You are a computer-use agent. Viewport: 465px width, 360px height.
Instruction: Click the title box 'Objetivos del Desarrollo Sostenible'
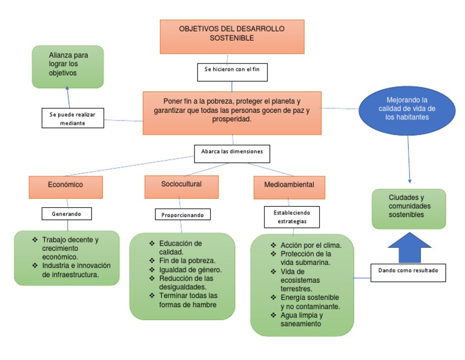pyautogui.click(x=232, y=36)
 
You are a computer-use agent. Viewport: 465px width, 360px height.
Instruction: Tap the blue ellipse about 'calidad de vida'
pyautogui.click(x=406, y=109)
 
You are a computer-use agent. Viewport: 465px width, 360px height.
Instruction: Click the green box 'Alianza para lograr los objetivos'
pyautogui.click(x=67, y=66)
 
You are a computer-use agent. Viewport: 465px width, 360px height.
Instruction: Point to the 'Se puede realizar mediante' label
pyautogui.click(x=73, y=118)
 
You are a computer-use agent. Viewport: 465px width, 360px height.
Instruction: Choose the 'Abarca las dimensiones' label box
pyautogui.click(x=232, y=152)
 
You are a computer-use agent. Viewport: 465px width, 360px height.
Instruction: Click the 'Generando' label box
pyautogui.click(x=67, y=213)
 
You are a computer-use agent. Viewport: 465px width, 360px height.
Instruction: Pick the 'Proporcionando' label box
pyautogui.click(x=182, y=215)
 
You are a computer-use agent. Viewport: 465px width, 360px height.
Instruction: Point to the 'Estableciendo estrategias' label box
pyautogui.click(x=292, y=217)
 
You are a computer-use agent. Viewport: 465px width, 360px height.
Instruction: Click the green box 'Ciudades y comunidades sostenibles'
pyautogui.click(x=409, y=208)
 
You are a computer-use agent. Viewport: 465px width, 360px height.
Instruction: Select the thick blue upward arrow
pyautogui.click(x=409, y=248)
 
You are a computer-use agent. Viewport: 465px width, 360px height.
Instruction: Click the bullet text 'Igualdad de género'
pyautogui.click(x=190, y=270)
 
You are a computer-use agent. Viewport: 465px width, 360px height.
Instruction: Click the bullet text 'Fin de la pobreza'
pyautogui.click(x=187, y=261)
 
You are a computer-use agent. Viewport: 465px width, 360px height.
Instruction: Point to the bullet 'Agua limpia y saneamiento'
pyautogui.click(x=302, y=319)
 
